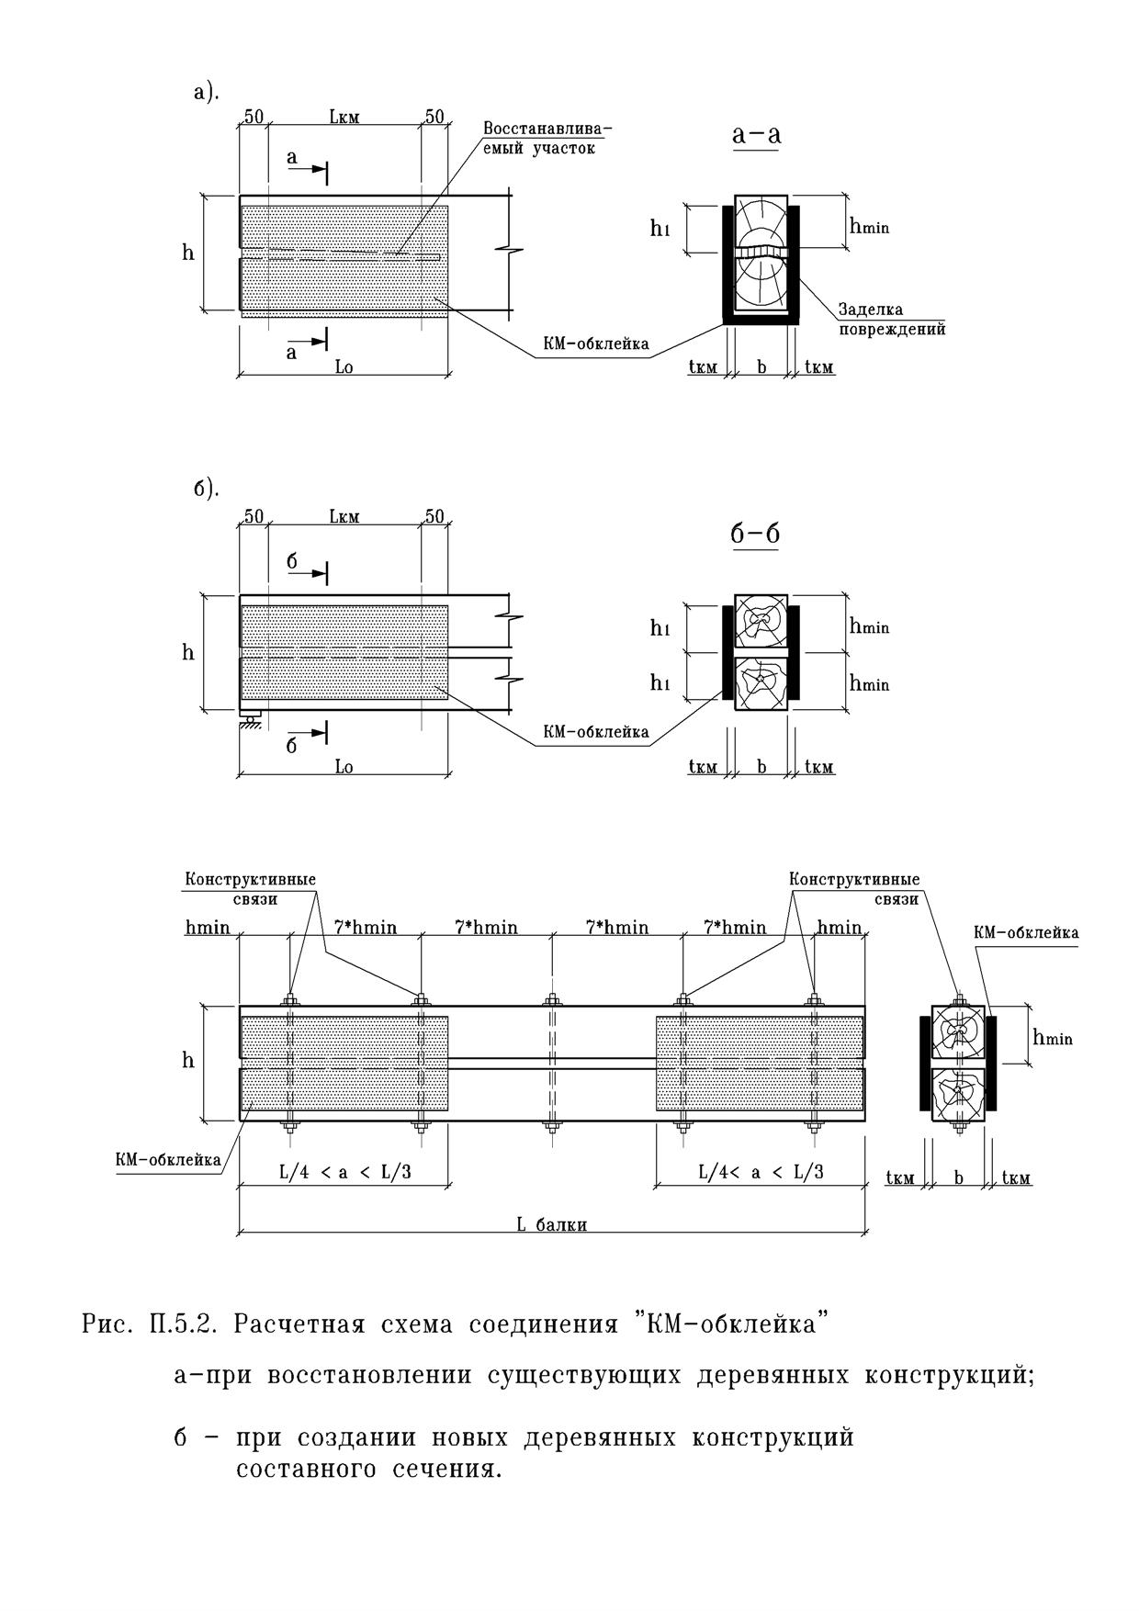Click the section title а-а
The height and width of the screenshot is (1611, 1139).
tap(757, 134)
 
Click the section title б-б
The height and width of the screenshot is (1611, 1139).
tap(756, 534)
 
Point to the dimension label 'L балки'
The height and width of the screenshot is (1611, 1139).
tap(551, 1223)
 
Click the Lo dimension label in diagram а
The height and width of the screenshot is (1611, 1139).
tap(344, 366)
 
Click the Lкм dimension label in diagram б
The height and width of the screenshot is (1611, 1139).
tap(344, 516)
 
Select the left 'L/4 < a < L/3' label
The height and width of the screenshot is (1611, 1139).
tap(344, 1172)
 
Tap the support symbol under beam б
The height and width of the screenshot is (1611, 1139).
tap(250, 719)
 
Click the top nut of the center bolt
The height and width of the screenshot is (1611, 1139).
tap(551, 999)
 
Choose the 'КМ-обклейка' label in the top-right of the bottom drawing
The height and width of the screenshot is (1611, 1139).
tap(1026, 932)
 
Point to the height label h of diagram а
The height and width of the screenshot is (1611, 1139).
tap(188, 253)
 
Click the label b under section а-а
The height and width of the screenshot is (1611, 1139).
tap(761, 367)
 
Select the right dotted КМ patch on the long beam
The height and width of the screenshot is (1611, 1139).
tap(760, 1064)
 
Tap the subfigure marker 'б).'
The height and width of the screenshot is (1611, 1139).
tap(207, 489)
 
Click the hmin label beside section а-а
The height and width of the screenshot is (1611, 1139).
tap(869, 225)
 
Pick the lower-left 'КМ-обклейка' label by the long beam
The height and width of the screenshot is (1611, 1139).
tap(168, 1160)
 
